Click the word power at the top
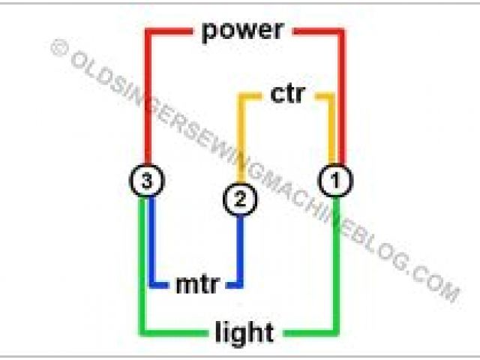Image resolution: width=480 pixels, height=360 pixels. [x=242, y=31]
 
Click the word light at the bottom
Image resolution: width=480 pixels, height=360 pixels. [x=244, y=331]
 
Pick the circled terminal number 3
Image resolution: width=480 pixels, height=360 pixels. [x=146, y=180]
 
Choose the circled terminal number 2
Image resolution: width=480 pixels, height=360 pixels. [x=240, y=199]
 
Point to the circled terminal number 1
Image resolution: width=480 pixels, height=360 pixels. [x=336, y=180]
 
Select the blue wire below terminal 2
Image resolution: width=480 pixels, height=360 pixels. [x=241, y=247]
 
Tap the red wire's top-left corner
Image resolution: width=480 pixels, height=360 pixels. [x=147, y=32]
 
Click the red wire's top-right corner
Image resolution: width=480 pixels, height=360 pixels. [x=341, y=32]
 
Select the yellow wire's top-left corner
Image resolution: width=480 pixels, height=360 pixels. [x=241, y=97]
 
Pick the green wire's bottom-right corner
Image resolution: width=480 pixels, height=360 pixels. [x=336, y=331]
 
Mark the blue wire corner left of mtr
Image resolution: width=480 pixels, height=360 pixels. [x=153, y=284]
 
